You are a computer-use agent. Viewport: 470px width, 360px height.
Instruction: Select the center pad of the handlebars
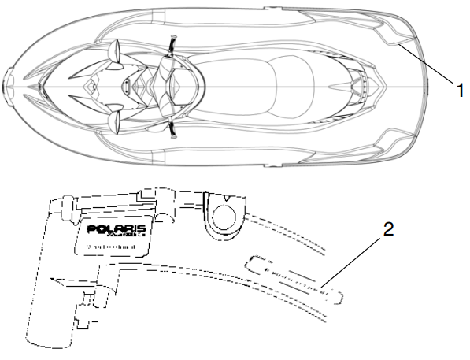click(x=168, y=84)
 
